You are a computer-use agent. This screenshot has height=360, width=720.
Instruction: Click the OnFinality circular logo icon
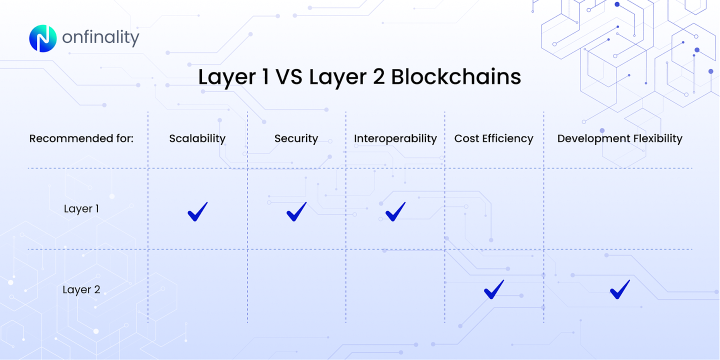click(42, 38)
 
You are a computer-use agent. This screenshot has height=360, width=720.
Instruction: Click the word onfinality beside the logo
click(100, 38)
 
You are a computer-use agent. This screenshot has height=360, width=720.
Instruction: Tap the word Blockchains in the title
click(455, 77)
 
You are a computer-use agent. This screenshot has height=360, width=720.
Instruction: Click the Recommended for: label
click(81, 138)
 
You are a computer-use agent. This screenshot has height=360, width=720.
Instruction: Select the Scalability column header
click(197, 138)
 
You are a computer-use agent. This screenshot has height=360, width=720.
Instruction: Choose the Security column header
click(296, 138)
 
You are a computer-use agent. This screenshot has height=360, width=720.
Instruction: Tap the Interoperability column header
click(395, 138)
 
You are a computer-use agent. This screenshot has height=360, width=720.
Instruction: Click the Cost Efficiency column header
click(494, 138)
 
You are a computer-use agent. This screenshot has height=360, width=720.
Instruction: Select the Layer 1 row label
click(81, 208)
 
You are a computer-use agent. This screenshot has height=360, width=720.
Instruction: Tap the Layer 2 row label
click(81, 289)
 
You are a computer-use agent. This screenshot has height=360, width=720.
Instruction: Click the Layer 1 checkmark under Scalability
click(197, 211)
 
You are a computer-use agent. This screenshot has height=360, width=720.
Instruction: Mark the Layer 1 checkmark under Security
click(296, 211)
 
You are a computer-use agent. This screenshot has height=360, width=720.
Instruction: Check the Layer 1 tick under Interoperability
click(395, 211)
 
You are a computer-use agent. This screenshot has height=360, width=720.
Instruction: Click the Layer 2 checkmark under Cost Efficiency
click(494, 289)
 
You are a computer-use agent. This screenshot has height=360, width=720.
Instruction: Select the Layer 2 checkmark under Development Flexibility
click(620, 289)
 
